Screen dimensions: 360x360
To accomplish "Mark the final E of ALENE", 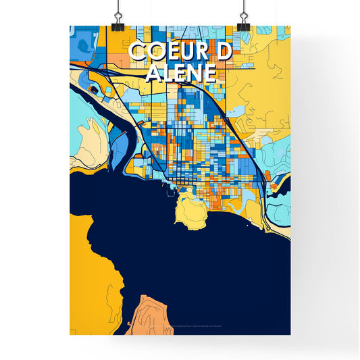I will (x=208, y=72).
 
